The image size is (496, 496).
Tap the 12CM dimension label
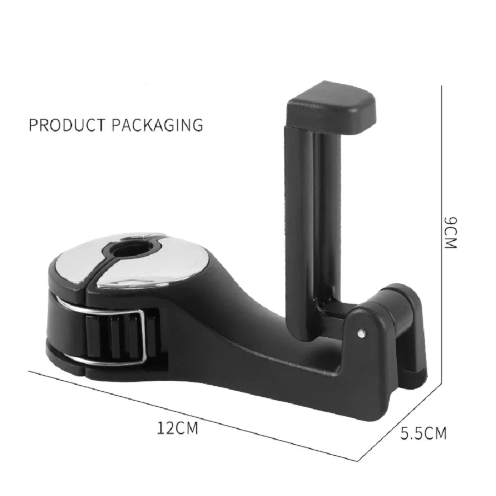(x=177, y=427)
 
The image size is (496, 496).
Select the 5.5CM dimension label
(x=423, y=433)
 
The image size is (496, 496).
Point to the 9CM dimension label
(x=451, y=231)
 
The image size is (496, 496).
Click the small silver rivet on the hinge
(x=360, y=333)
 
